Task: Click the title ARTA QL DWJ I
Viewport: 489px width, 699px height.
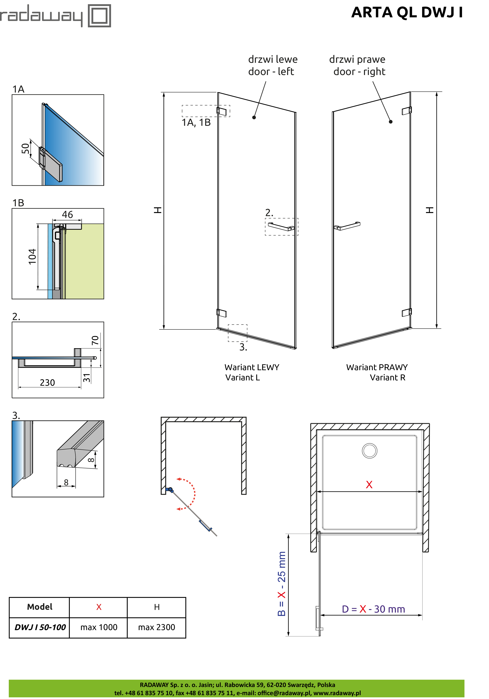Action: (407, 12)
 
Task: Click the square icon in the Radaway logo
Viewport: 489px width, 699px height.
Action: (99, 16)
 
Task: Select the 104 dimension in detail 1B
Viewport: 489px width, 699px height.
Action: (32, 257)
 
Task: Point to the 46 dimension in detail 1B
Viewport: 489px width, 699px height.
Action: (67, 214)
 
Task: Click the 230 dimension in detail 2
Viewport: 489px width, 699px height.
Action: (48, 382)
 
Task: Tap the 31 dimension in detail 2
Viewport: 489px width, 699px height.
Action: (87, 378)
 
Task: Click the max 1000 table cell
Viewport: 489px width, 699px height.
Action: (99, 627)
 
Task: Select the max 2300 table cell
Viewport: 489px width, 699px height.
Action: (156, 627)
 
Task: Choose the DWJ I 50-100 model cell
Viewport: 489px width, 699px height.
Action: (40, 627)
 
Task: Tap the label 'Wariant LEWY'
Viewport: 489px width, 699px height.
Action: (252, 367)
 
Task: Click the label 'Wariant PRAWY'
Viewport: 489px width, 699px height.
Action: (377, 367)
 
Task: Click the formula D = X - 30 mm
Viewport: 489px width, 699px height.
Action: (373, 609)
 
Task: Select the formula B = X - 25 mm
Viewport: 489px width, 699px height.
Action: (282, 584)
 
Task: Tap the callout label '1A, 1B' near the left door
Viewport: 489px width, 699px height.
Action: (196, 122)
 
